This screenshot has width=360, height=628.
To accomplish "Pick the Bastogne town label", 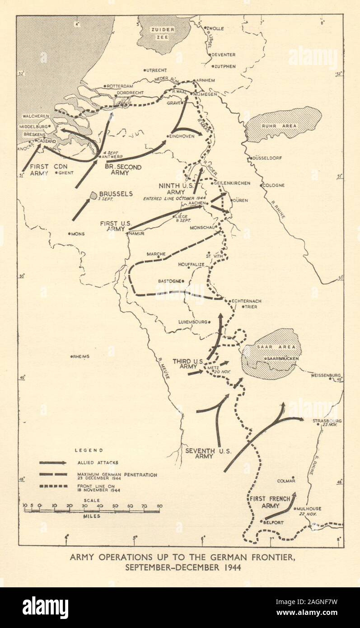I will pos(169,281).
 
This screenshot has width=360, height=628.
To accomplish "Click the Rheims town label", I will pos(82,356).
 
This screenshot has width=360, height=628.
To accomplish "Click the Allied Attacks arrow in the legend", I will pos(53,463).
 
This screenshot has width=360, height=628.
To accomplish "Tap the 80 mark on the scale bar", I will pos(159,506).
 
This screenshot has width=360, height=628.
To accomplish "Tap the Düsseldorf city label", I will pos(268,158).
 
